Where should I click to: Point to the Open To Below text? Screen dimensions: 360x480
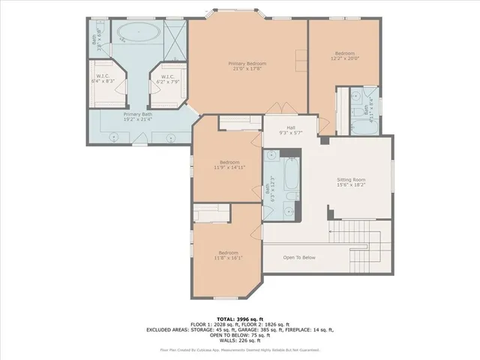tap(299, 257)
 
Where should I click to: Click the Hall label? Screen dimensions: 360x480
tap(290, 130)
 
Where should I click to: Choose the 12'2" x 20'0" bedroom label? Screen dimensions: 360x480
tap(346, 56)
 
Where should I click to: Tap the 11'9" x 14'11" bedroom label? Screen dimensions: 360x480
tap(229, 166)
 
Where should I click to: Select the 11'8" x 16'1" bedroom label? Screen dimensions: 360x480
tap(228, 256)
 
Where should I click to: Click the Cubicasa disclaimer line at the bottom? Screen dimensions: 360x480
tap(240, 349)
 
